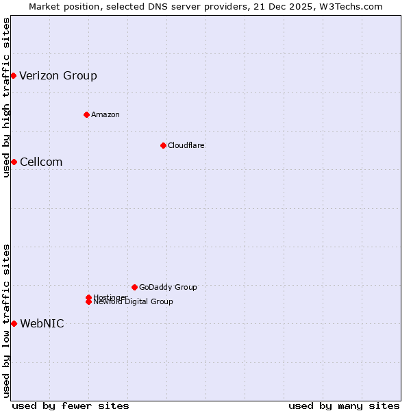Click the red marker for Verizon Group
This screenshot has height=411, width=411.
pos(13,75)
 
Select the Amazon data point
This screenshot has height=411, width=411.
pos(86,114)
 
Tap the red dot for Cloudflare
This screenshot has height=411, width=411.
pos(163,145)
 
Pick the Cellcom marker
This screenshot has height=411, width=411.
pos(13,162)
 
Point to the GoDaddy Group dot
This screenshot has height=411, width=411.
pos(134,287)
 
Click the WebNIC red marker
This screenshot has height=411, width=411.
pos(14,323)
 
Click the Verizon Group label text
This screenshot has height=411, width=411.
pos(58,75)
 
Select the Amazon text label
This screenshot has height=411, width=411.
pos(105,114)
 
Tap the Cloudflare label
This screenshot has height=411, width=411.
pos(186,145)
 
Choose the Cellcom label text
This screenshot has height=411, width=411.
pos(41,162)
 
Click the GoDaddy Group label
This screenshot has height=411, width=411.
pos(168,287)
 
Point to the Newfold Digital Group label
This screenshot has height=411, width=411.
pos(134,302)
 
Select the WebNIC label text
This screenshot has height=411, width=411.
pos(42,323)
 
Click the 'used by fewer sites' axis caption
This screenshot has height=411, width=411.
pos(71,406)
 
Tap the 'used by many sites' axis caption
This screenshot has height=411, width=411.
pos(344,406)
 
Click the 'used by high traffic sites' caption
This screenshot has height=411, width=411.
pos(6,98)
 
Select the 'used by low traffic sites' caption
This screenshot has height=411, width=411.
pos(6,321)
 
